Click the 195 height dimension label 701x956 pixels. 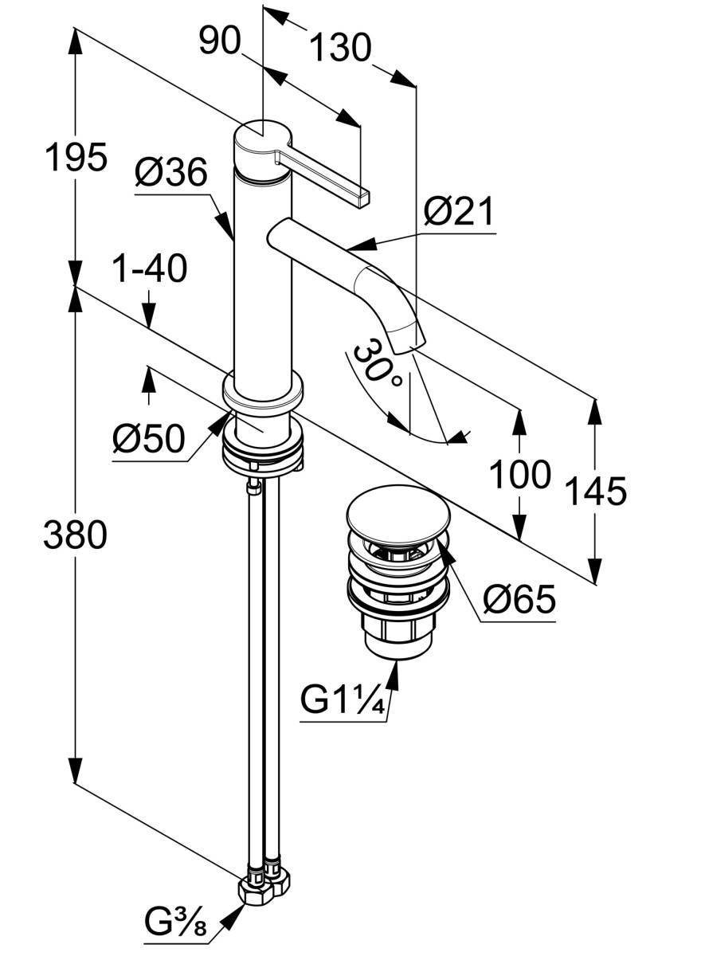(x=75, y=157)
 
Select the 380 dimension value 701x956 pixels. (x=75, y=535)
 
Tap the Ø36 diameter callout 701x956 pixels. (x=171, y=172)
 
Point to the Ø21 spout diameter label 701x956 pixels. (x=458, y=213)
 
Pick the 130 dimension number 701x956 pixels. (x=339, y=49)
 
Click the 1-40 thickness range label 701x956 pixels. (x=149, y=269)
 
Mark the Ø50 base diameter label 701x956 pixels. (x=148, y=437)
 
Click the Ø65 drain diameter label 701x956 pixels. (x=519, y=598)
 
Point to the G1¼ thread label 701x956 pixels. (x=343, y=702)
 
